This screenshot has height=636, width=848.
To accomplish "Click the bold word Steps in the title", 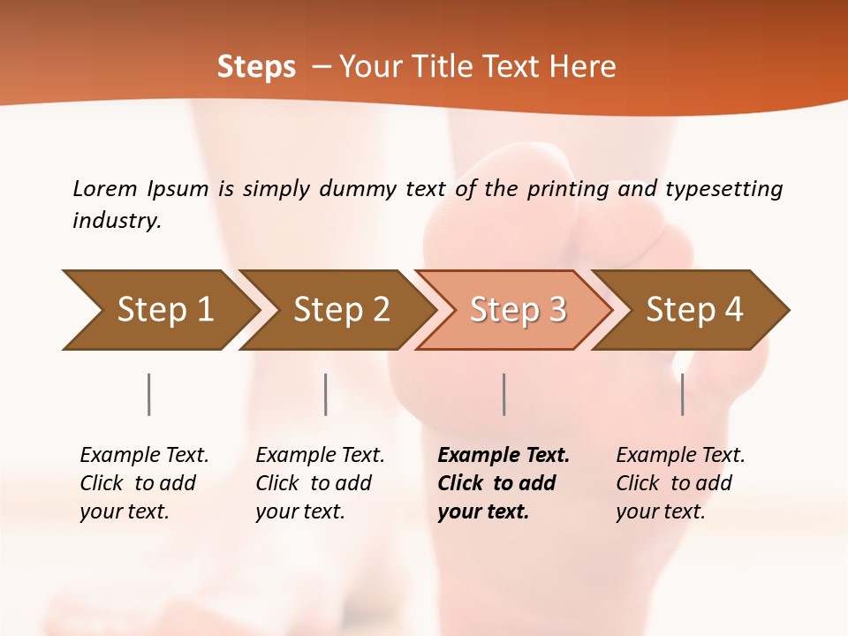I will (256, 67).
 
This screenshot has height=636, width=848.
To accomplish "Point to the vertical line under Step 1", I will (149, 394).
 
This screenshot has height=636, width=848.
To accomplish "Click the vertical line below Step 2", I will (326, 394).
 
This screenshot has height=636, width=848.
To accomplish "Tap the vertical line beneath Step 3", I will (503, 394).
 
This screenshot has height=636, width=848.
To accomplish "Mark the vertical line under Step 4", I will (682, 394).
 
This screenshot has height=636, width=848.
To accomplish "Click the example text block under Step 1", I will (144, 483).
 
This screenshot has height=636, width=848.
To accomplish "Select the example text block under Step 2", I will (320, 483).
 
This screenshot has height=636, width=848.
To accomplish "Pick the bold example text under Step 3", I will (503, 483).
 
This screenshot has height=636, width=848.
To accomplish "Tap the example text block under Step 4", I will (680, 483).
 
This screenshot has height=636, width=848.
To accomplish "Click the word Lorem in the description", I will (105, 189).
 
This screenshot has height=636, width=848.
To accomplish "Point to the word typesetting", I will (723, 189).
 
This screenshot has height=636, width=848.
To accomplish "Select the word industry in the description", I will (117, 221).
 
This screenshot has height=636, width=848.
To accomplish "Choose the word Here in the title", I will (586, 67).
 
